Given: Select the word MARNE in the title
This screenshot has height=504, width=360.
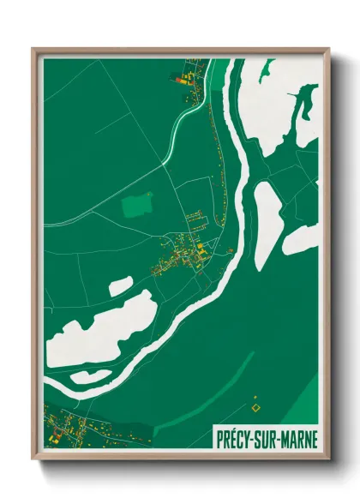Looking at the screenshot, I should [x=298, y=435].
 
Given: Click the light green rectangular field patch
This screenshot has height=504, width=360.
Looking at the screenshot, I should [x=135, y=206].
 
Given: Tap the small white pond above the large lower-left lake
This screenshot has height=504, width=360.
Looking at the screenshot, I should [x=120, y=285].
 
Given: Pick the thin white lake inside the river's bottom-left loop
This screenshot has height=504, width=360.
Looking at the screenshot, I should [x=90, y=375].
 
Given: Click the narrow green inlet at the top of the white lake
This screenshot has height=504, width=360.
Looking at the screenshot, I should [x=301, y=111].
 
